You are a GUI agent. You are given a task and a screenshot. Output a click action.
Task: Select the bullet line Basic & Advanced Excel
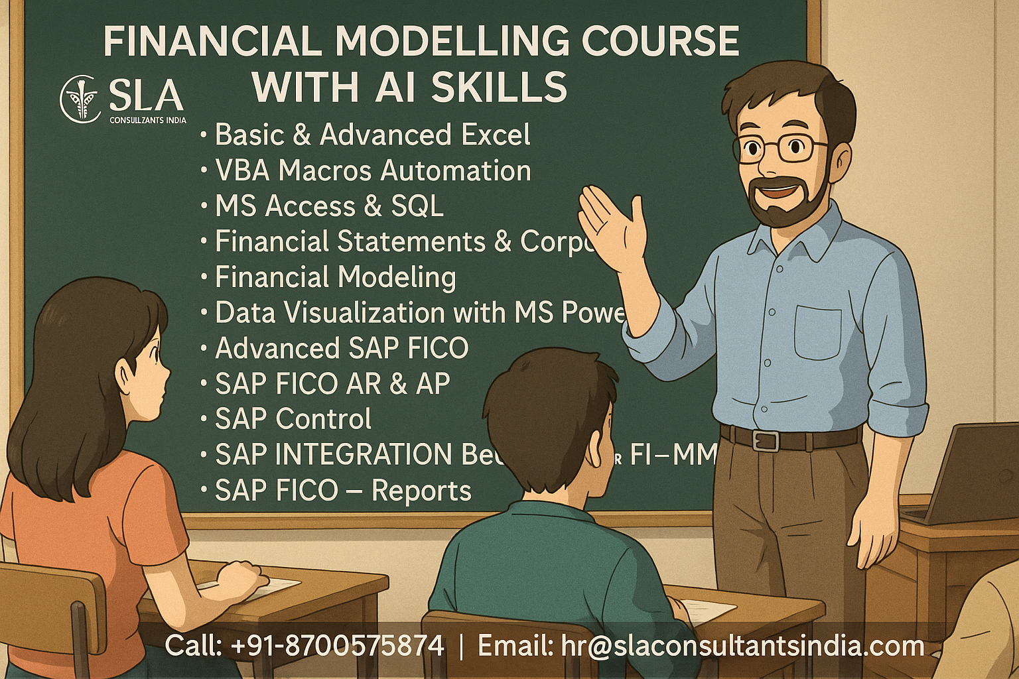[372, 135]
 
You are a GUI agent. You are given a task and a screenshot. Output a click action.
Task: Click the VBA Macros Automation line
[372, 170]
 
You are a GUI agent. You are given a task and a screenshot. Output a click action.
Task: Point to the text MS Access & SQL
[329, 206]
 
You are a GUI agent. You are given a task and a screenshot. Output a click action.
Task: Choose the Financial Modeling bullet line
[335, 277]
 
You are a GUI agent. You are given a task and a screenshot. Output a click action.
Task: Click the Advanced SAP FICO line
[342, 348]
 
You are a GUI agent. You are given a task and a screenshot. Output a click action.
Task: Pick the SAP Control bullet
[293, 419]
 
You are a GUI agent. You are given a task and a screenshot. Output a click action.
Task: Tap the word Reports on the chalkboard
[421, 491]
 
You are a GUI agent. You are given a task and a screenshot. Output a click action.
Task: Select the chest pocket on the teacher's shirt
[817, 332]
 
